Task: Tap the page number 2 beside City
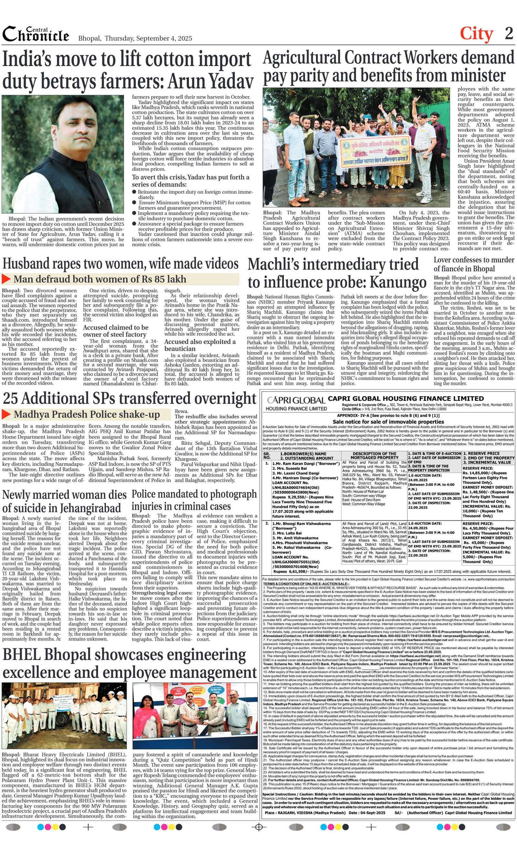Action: [509, 34]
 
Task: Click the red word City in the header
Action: [476, 34]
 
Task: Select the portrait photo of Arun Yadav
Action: [63, 154]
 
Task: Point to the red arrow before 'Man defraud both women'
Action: [6, 279]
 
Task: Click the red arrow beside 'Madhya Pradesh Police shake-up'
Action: [6, 414]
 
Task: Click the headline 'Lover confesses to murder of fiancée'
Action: [474, 265]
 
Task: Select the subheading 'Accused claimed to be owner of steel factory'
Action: [115, 331]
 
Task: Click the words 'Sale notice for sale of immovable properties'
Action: [388, 422]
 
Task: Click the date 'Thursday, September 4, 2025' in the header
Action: [148, 38]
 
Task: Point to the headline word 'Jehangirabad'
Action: [91, 508]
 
